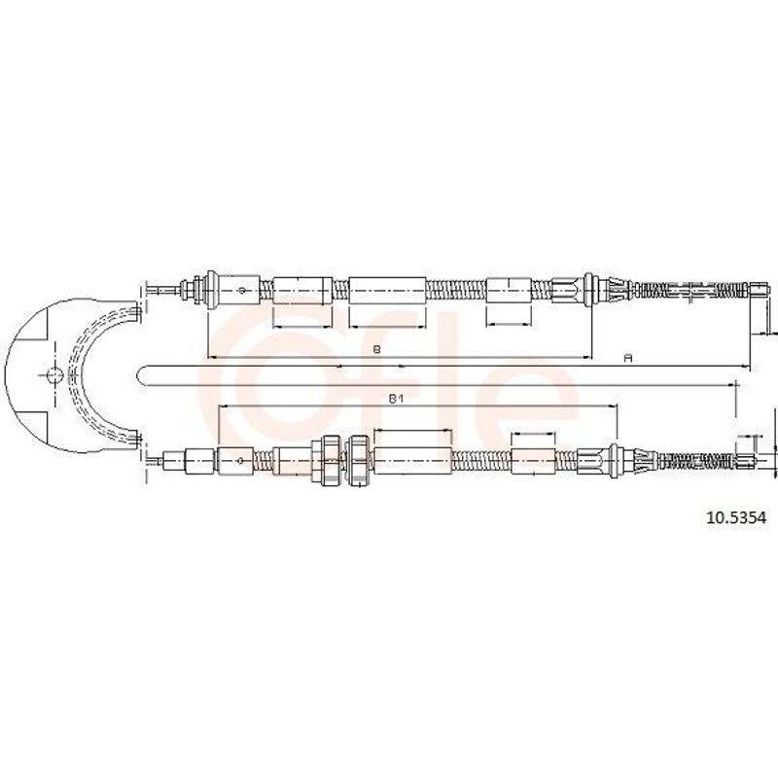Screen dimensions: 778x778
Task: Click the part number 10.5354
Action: click(x=737, y=518)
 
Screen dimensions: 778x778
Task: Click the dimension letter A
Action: click(x=628, y=358)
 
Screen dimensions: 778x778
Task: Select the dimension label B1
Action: click(x=395, y=399)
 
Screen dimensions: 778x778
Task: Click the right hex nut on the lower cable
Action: click(x=358, y=460)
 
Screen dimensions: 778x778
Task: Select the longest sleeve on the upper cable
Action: click(x=387, y=290)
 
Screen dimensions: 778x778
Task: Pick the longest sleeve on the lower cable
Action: click(x=412, y=461)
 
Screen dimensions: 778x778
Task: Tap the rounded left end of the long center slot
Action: click(x=140, y=375)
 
